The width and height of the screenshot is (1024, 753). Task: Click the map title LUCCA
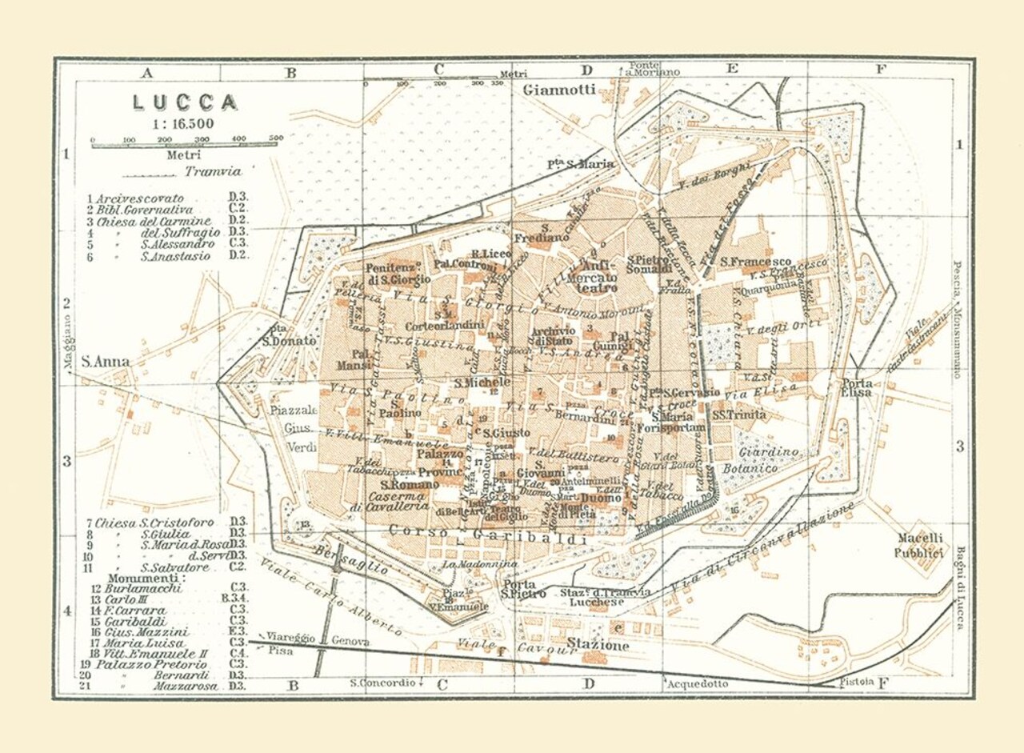pos(185,102)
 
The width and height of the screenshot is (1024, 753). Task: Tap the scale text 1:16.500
pos(183,124)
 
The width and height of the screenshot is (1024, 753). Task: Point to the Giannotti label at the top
pos(559,90)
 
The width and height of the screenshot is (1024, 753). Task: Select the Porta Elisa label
pos(856,387)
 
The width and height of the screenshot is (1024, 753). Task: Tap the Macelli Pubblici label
pos(920,545)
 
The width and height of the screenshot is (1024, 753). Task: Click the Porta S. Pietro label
pos(524,590)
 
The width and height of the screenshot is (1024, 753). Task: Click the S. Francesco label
pos(755,262)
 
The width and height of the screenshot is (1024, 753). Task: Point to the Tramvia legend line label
pos(212,170)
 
